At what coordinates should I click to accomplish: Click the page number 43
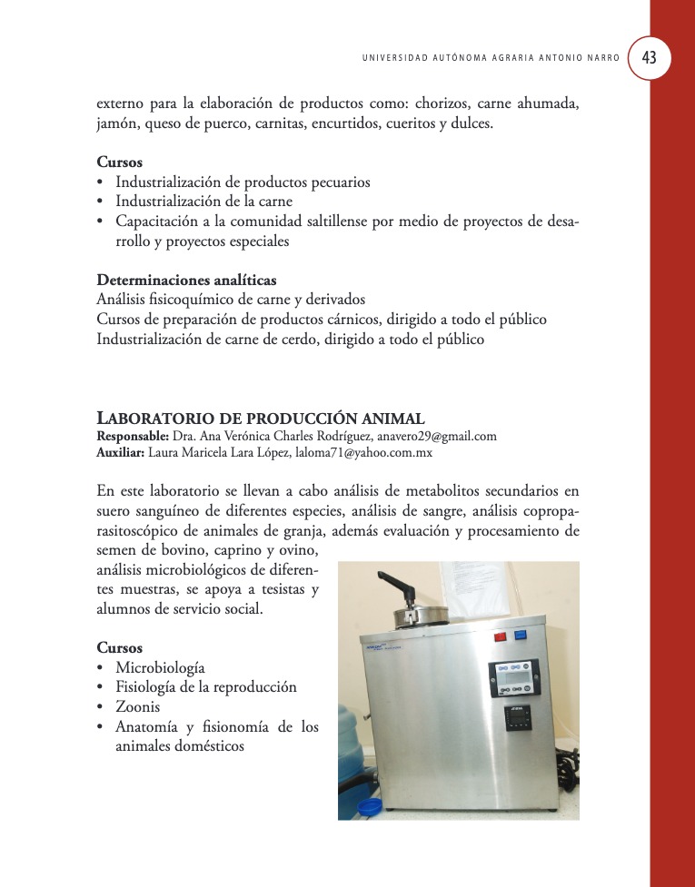pos(649,57)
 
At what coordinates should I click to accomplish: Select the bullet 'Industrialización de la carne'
pos(204,202)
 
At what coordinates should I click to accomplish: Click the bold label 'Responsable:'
pos(133,436)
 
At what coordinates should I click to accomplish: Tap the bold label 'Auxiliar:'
pos(120,452)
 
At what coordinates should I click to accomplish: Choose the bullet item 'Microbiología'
pos(160,668)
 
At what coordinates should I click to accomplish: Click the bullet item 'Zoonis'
pos(138,706)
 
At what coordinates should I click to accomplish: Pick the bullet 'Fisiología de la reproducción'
pos(206,687)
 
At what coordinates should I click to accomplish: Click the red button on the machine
pos(499,636)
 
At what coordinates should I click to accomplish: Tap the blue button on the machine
pos(521,636)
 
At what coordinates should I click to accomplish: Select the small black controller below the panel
pos(518,720)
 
